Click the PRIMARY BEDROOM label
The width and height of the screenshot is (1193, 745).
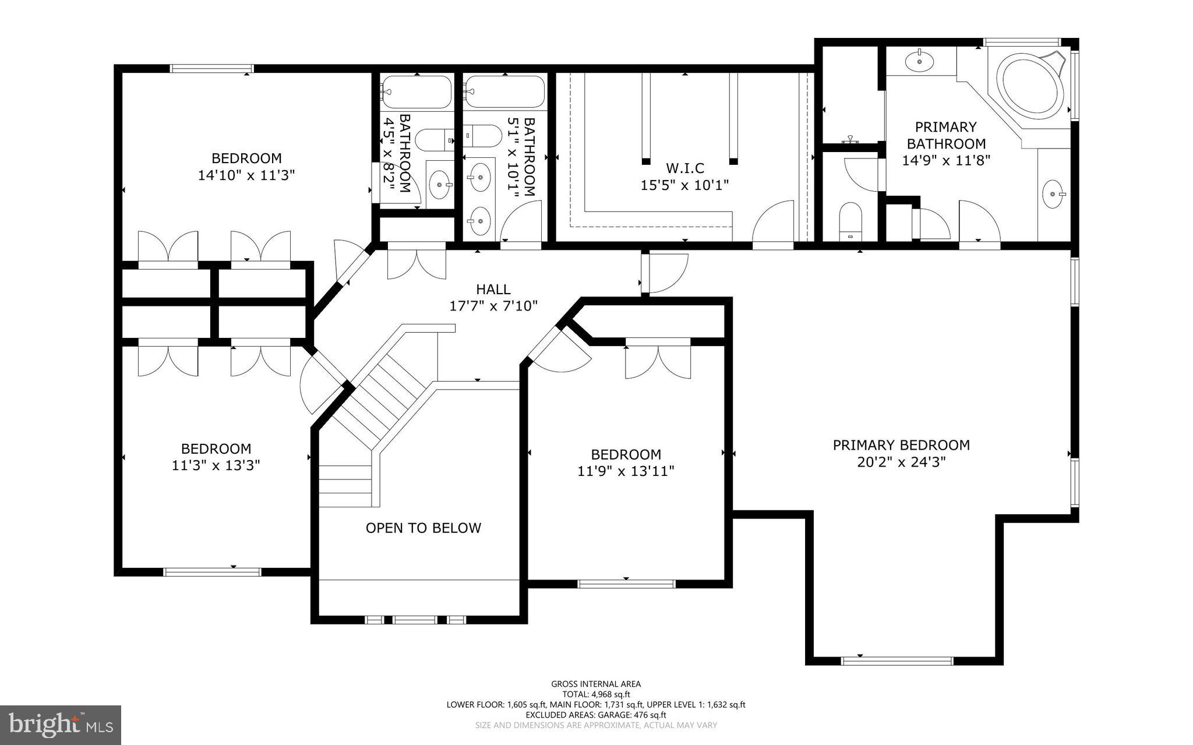tap(901, 445)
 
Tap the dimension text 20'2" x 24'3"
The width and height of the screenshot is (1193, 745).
tap(901, 462)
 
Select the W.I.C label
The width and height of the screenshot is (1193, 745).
tap(684, 168)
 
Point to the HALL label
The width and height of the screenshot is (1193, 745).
tap(493, 289)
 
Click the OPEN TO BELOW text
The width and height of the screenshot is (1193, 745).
tap(423, 528)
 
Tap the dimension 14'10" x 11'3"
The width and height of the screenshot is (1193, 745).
tap(246, 175)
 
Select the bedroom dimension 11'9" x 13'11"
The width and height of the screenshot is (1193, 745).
tap(626, 471)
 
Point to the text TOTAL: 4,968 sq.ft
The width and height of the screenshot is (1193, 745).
tap(596, 694)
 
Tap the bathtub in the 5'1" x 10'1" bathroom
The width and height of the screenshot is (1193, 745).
tap(504, 92)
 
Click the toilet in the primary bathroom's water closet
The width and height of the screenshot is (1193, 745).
tap(851, 220)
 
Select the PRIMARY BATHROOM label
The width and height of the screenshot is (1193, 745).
tap(945, 135)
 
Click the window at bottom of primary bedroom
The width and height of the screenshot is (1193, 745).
tap(896, 661)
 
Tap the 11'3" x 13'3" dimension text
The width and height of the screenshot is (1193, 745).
tap(216, 465)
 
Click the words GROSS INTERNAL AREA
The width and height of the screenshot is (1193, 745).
tap(596, 684)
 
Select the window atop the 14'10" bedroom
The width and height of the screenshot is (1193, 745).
tap(211, 68)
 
